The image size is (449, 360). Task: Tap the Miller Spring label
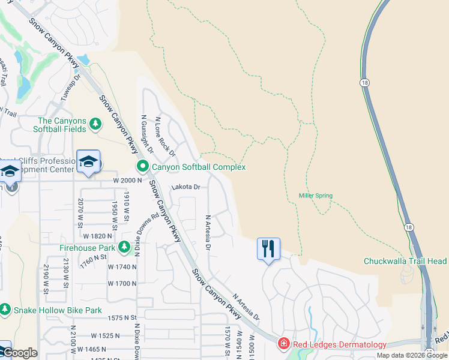316,196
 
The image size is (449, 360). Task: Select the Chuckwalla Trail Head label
405,261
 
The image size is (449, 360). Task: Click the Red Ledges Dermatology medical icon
283,344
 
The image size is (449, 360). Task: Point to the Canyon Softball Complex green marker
143,166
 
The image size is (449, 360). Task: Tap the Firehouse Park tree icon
124,247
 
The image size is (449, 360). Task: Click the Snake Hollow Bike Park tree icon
5,310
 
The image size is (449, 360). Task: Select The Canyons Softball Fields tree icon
95,124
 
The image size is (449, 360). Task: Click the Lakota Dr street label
185,187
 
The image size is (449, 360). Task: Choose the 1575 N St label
123,318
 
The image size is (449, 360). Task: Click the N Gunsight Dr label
147,133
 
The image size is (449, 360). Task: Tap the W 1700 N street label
122,283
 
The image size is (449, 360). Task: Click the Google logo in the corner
19,353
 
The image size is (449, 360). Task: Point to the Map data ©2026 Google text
412,355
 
